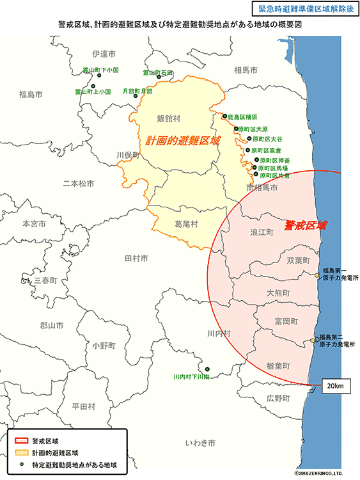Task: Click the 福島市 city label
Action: click(31, 95)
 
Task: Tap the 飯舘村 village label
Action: click(169, 118)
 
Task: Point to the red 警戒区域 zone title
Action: click(305, 225)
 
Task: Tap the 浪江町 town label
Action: click(261, 232)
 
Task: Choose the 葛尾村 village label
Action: click(187, 224)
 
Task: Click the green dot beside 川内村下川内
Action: click(207, 368)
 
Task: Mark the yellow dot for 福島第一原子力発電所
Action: click(317, 275)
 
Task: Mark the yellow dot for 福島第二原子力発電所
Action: click(313, 340)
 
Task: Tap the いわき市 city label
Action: click(200, 443)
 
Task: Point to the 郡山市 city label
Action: click(51, 325)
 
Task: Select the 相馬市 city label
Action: click(246, 70)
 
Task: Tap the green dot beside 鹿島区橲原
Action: click(224, 117)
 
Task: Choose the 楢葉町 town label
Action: click(278, 365)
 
